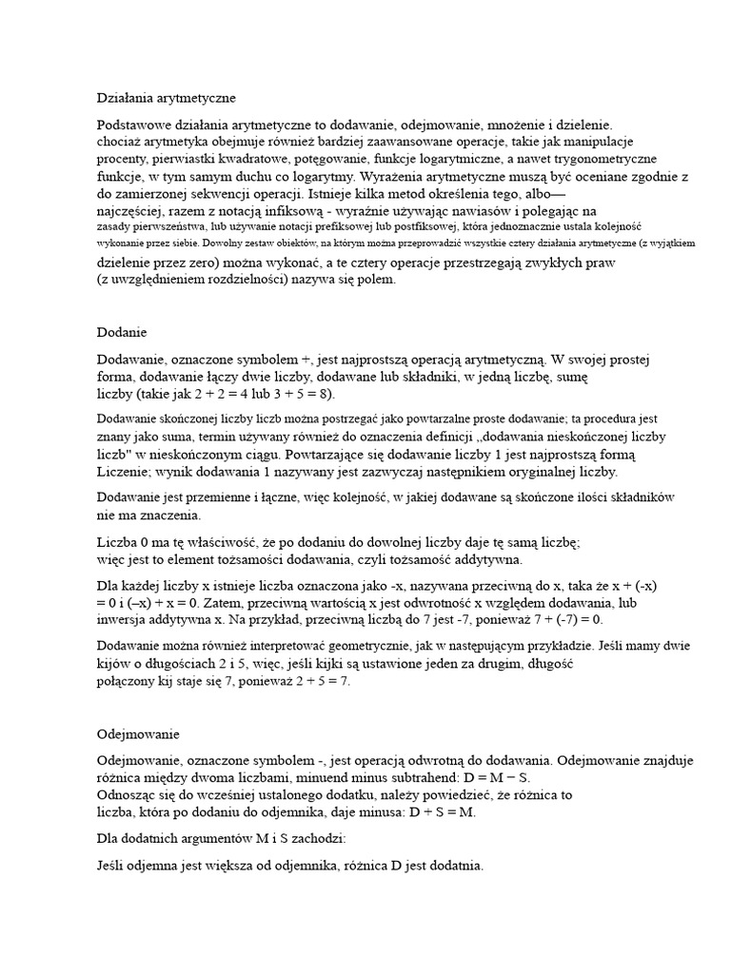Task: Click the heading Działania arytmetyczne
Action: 166,98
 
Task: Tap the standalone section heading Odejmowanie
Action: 138,735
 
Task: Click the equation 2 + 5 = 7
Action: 315,682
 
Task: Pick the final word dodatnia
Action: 451,867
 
